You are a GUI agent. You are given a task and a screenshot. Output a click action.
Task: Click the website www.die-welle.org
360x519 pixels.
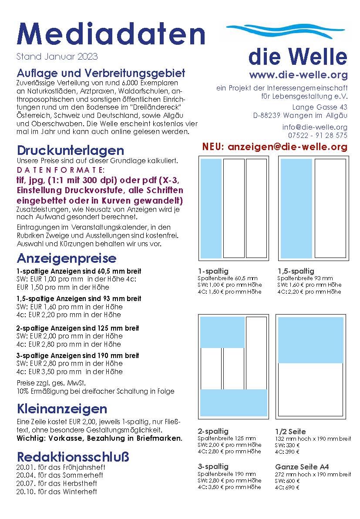[x=298, y=75]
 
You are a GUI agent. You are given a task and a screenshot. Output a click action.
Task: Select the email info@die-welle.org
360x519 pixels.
[x=315, y=127]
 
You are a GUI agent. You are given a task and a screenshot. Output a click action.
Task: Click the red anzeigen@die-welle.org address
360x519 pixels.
[x=275, y=147]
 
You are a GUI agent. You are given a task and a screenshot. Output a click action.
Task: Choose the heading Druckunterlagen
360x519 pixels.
[x=71, y=151]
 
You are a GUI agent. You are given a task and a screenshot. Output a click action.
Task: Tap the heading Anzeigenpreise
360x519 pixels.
[x=67, y=258]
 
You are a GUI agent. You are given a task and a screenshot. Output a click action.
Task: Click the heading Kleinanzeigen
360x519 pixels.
[x=62, y=409]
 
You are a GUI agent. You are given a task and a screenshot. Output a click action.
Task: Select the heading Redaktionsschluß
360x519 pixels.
[x=73, y=457]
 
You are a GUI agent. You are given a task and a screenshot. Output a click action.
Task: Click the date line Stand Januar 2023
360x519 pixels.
[x=57, y=57]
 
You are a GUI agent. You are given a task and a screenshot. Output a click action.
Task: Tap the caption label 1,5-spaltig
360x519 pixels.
[x=296, y=271]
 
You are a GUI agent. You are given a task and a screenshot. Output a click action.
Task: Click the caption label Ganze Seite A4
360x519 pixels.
[x=302, y=467]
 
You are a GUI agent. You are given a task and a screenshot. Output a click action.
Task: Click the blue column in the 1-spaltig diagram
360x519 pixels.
[x=211, y=208]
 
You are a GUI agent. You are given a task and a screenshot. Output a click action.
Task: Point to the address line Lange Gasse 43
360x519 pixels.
[x=320, y=107]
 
